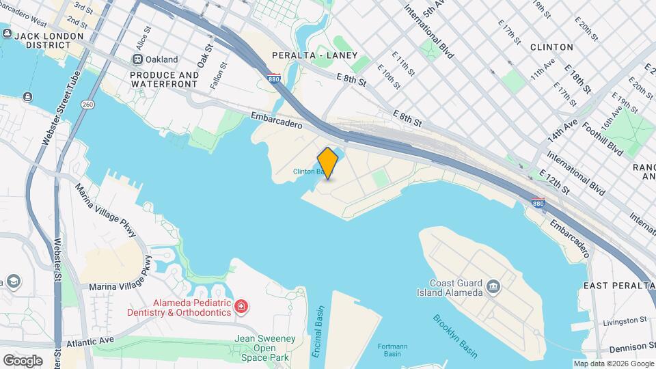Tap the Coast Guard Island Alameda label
456,288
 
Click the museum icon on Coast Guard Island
493,284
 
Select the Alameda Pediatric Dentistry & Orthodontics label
178,307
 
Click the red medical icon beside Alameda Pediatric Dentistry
241,307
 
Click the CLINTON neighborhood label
551,47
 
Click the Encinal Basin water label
318,324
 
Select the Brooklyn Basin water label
454,335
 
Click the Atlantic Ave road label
91,340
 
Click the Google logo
23,360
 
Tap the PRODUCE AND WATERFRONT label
165,80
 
